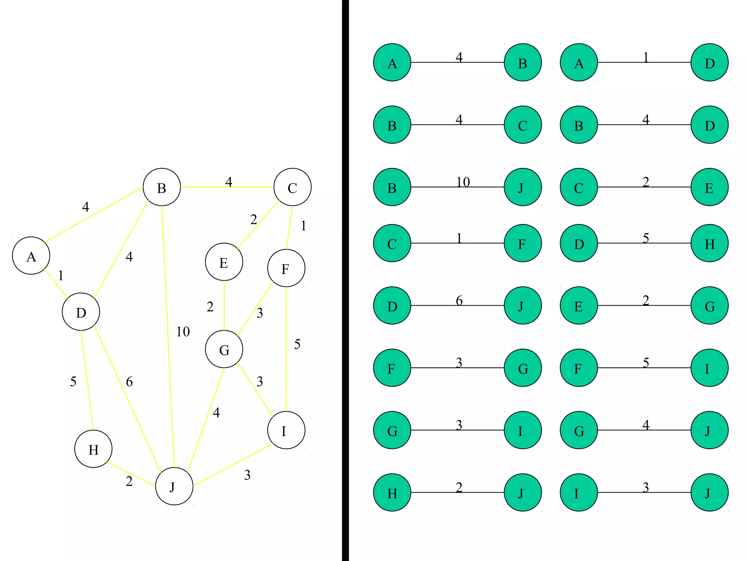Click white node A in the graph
31,256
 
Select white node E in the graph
224,262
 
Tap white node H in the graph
93,449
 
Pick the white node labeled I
286,430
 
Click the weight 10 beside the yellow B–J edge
183,332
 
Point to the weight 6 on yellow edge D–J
129,382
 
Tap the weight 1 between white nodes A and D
61,275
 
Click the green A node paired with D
579,62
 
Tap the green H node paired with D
709,243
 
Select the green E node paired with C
709,187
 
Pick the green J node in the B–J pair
523,187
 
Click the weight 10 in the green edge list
463,182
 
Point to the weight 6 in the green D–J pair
459,301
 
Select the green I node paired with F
709,368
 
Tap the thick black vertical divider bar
345,280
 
